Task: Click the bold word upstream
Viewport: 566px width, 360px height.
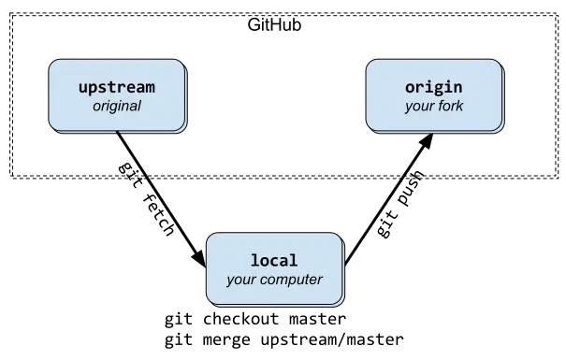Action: point(117,88)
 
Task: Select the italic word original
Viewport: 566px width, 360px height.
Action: point(117,107)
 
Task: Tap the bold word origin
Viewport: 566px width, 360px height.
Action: point(434,88)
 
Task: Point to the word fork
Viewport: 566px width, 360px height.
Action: point(450,107)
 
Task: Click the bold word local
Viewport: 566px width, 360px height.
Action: point(274,260)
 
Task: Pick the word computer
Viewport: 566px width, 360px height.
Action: point(292,280)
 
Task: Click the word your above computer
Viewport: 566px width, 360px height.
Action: point(241,280)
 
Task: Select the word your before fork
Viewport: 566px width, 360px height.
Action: point(417,107)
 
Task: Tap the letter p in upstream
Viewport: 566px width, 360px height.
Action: point(94,89)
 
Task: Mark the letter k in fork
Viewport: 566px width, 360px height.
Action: point(459,107)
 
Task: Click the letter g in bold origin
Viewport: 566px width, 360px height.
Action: point(443,89)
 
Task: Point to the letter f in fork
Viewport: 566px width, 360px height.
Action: point(439,107)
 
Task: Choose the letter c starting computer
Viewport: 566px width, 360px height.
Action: point(265,280)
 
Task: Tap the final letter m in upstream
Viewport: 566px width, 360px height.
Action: point(150,88)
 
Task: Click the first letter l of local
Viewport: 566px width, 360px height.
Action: point(255,260)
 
